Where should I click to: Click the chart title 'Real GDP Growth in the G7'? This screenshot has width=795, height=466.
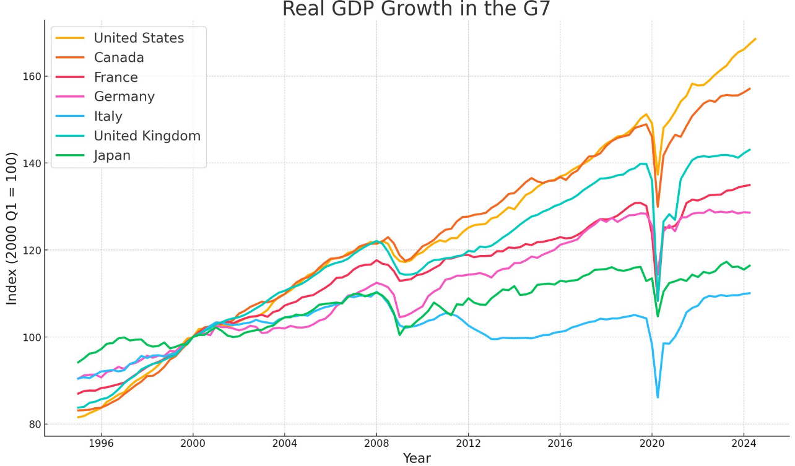click(x=416, y=9)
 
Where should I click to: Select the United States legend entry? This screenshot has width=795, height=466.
click(x=120, y=38)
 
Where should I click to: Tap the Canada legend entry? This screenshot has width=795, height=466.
click(x=100, y=58)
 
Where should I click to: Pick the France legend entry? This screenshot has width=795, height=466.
click(x=97, y=77)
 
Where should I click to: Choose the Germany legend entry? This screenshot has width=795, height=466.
click(x=105, y=97)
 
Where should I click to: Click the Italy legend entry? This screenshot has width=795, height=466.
click(x=89, y=116)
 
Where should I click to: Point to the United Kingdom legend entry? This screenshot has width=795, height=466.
click(x=129, y=136)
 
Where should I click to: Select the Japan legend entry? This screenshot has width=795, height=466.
click(x=93, y=155)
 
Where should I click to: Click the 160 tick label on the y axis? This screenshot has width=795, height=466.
click(x=32, y=77)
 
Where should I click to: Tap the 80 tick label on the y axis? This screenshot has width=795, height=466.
click(x=35, y=424)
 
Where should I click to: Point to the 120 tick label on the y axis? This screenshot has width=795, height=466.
click(x=32, y=251)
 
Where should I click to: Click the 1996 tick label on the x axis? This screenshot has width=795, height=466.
click(x=101, y=444)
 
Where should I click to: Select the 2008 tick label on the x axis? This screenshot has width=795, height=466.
click(x=376, y=444)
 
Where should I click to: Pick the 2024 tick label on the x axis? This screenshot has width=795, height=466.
click(x=744, y=444)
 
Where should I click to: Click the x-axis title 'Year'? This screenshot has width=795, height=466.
click(x=417, y=458)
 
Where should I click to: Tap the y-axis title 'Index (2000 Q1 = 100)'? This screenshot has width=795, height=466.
click(x=11, y=230)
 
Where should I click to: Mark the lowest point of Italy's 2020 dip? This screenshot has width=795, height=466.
click(x=658, y=397)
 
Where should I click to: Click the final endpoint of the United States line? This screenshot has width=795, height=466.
click(x=755, y=38)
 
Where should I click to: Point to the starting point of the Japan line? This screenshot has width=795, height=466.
click(x=78, y=363)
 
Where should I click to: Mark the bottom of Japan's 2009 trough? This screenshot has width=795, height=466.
click(x=399, y=335)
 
